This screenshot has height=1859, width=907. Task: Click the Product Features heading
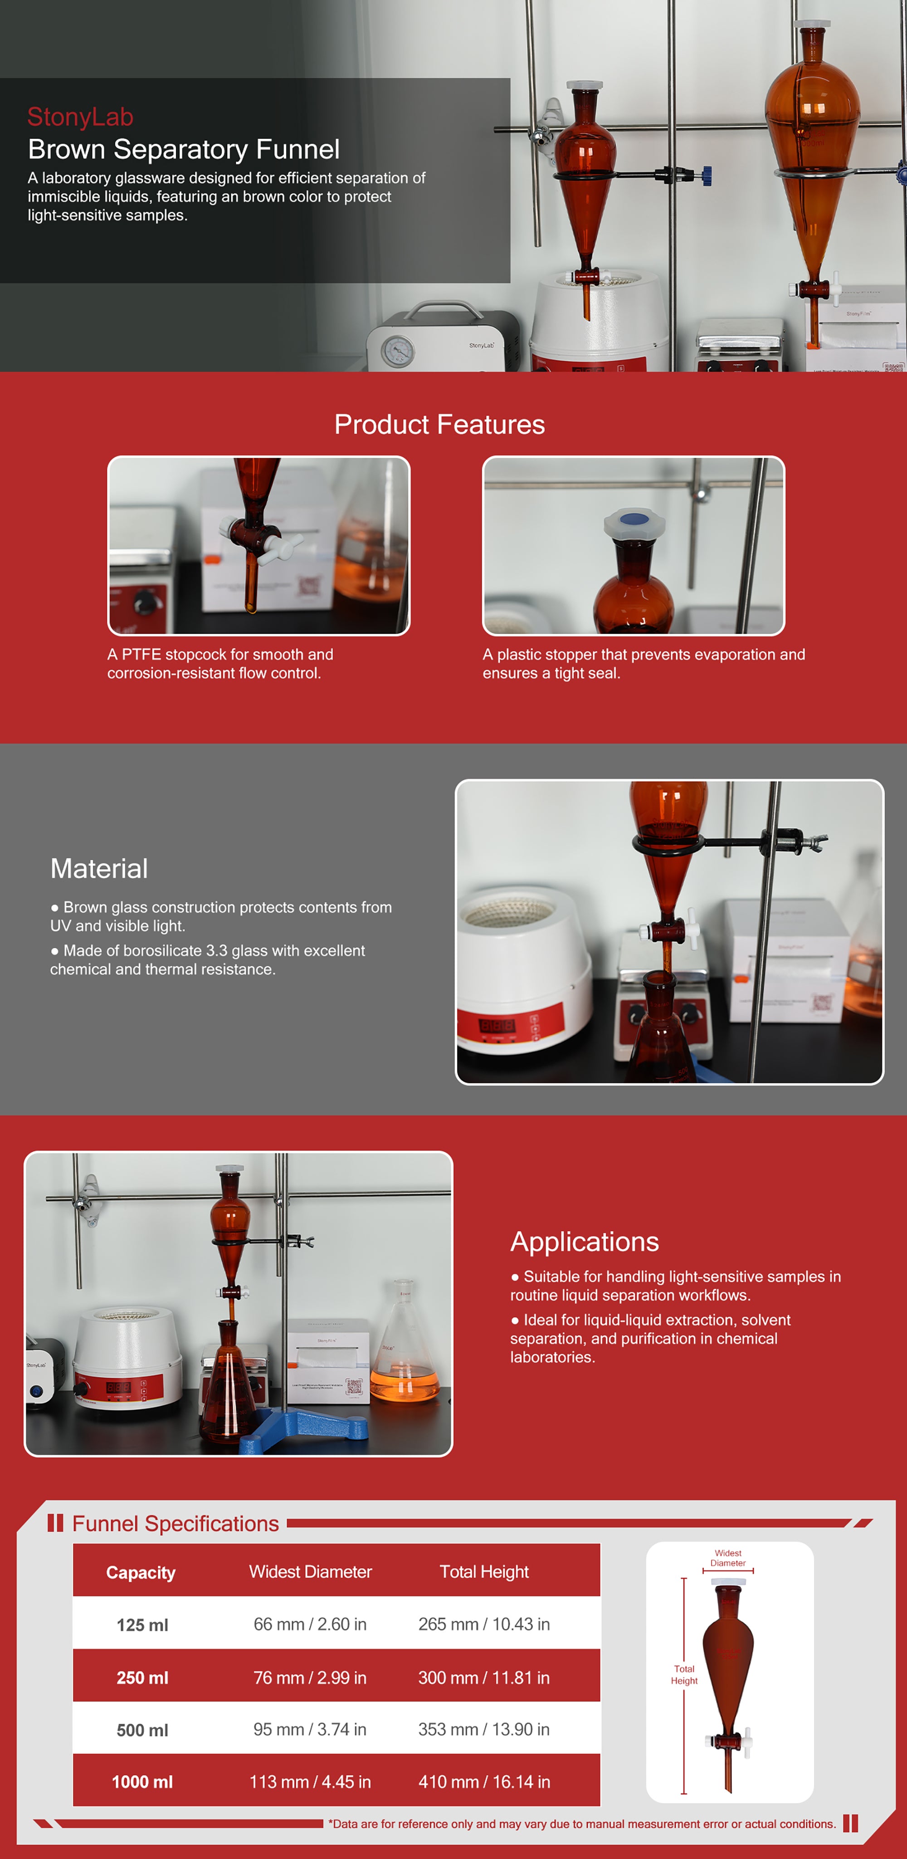[439, 424]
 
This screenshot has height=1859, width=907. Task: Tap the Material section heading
[99, 868]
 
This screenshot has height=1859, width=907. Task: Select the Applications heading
[585, 1241]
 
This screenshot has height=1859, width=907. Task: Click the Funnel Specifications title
[176, 1523]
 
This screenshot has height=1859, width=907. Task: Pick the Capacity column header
[141, 1572]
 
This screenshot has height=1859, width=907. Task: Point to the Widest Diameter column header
[310, 1572]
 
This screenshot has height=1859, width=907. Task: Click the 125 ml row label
[142, 1625]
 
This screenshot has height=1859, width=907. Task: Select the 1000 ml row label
[142, 1782]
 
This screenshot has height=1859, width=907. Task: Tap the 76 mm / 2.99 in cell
[310, 1678]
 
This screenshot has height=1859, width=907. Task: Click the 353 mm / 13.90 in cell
[483, 1729]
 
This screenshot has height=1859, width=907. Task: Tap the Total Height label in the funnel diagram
[684, 1674]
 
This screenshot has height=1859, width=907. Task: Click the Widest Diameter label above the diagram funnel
[728, 1558]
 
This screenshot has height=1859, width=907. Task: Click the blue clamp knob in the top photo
[707, 175]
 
